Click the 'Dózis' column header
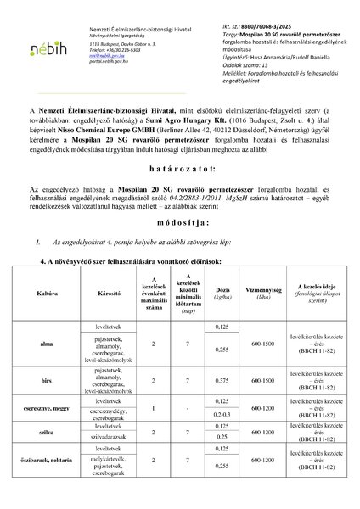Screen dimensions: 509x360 tap(222, 297)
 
